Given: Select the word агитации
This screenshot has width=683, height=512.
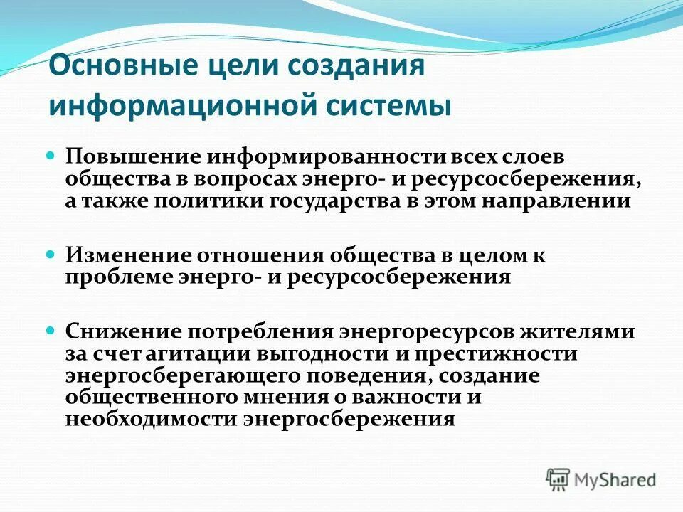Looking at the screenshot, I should tap(190, 353).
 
